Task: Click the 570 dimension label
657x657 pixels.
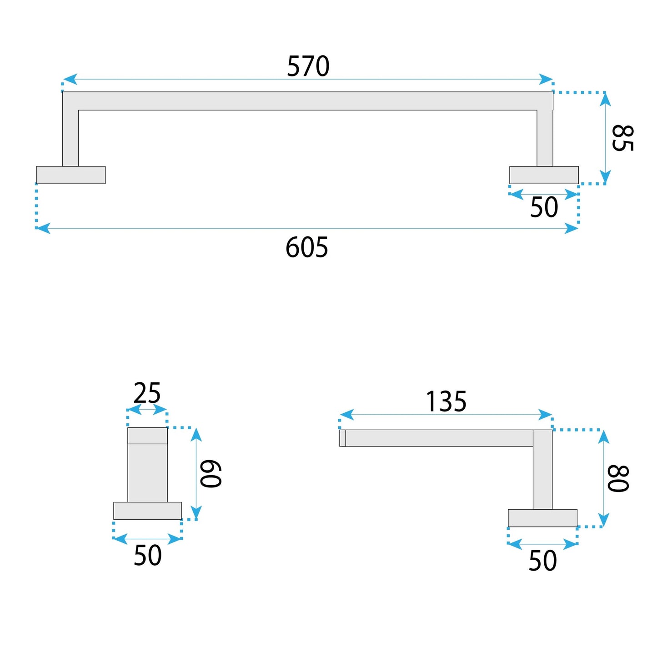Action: pos(308,66)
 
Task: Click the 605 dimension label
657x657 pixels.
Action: pos(307,248)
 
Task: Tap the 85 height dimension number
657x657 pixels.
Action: pos(622,138)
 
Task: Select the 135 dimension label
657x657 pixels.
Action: pos(446,401)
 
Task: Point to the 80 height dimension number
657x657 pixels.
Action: pos(618,478)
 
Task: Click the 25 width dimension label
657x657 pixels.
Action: pos(147,393)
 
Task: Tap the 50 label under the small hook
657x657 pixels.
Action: pos(148,555)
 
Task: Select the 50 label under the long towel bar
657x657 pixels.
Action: pos(544,207)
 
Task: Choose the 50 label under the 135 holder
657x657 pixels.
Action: pos(542,561)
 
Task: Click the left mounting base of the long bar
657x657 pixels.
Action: pos(71,175)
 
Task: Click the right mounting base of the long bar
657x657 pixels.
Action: pos(544,175)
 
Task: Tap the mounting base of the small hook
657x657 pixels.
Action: pos(147,511)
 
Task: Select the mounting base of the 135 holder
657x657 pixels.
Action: pos(542,518)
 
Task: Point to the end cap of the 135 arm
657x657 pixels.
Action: pos(342,438)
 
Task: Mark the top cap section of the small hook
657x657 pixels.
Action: pos(147,436)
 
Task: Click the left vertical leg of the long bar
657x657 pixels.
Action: pos(70,136)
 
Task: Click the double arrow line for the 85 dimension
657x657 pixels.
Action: pos(605,138)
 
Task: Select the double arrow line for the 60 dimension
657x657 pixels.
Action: pos(196,473)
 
